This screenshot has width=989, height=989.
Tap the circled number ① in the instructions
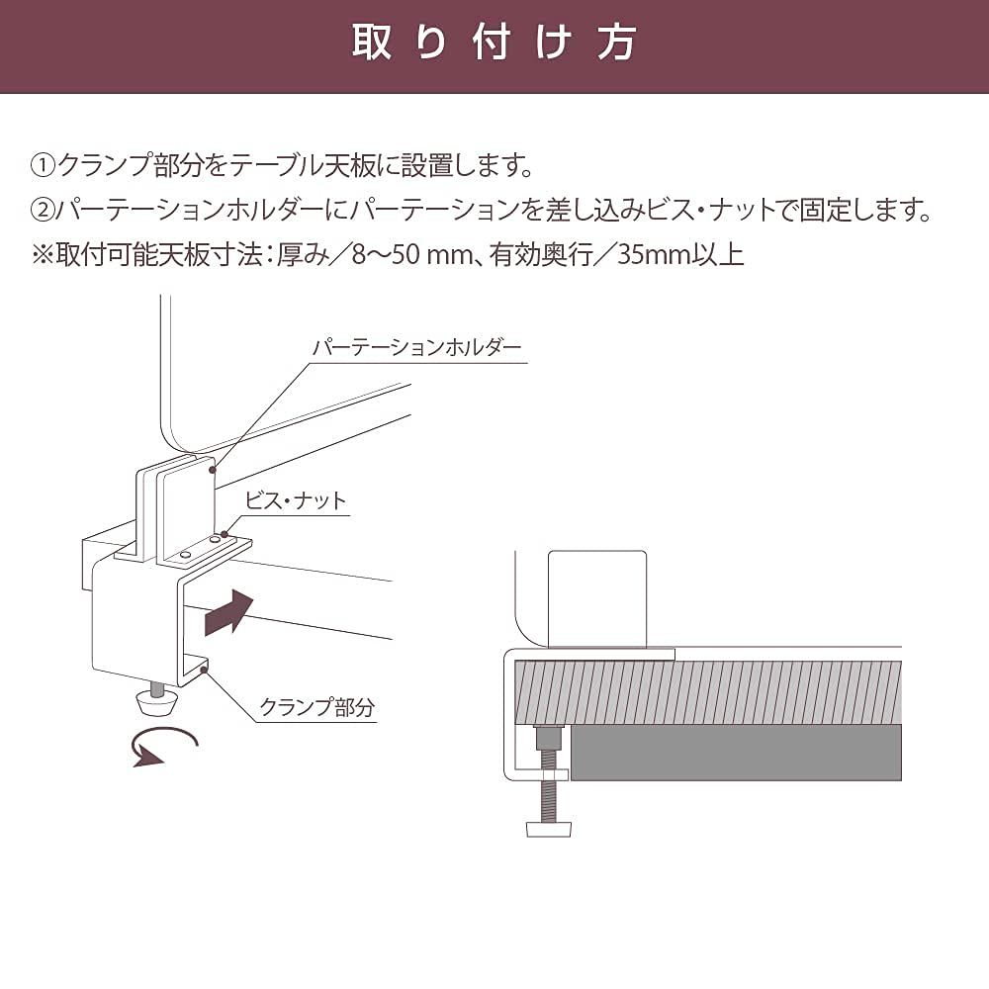[x=44, y=164]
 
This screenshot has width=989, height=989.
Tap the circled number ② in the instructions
[x=44, y=210]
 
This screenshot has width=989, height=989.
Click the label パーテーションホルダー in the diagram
[x=416, y=348]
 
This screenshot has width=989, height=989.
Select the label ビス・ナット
[x=298, y=500]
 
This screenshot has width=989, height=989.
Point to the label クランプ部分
[x=317, y=707]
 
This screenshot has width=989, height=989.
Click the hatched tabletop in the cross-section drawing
[x=712, y=689]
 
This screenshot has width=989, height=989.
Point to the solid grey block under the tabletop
[x=737, y=752]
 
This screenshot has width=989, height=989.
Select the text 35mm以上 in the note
[x=679, y=255]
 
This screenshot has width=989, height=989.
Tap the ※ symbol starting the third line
[x=43, y=255]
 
